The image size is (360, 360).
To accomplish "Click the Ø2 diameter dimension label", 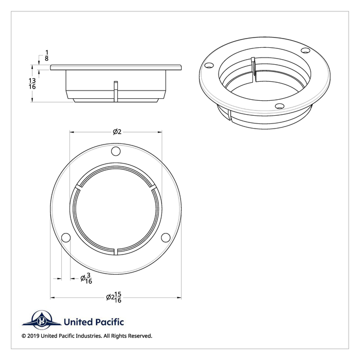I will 117,132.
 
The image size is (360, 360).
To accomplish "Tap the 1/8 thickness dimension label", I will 47,56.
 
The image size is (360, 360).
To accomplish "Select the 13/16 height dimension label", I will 32,84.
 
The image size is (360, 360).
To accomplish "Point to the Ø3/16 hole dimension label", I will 86,278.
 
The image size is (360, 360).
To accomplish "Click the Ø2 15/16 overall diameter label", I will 114,297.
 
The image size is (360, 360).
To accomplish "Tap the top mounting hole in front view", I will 116,151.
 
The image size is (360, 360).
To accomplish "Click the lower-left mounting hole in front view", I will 66,238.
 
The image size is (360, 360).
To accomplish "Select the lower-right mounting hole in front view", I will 166,238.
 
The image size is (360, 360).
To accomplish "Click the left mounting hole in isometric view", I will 208,66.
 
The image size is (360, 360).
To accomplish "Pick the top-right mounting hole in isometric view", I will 305,50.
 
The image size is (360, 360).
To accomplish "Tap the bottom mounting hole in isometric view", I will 279,106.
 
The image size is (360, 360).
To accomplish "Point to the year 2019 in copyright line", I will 34,336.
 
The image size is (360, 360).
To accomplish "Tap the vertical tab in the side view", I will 116,90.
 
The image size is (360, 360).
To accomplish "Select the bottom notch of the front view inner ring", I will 117,250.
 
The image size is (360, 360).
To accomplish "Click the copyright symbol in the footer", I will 24,336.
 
